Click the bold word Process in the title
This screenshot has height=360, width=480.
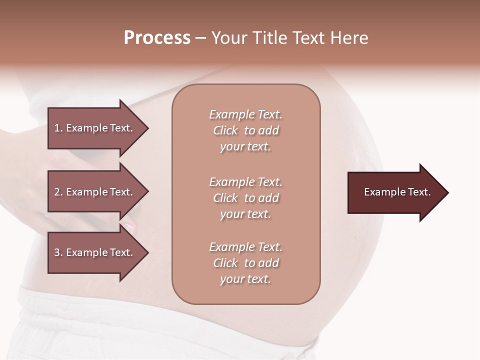coord(157,38)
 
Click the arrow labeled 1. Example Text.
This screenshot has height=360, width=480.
coord(95,128)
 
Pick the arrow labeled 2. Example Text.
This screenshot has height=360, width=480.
coord(95,192)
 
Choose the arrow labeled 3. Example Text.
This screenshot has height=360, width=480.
coord(95,252)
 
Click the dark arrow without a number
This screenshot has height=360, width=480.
coord(395,192)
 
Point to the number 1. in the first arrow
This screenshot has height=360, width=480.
coord(58,128)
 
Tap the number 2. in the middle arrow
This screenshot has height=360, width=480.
coord(58,192)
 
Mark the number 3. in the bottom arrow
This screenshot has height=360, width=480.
coord(58,252)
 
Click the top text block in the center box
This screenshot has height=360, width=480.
coord(245,130)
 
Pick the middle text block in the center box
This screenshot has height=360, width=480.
coord(245,198)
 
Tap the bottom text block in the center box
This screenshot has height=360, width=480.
coord(245,263)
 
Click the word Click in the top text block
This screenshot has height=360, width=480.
coord(225,130)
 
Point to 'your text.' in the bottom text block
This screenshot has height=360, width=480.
coord(245,279)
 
